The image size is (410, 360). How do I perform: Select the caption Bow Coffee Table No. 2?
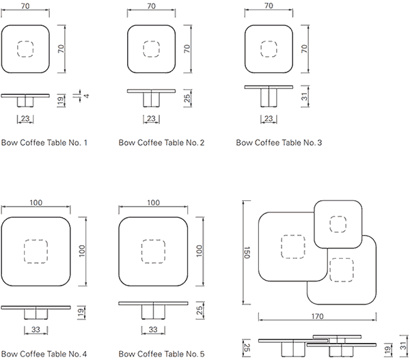pos(161,143)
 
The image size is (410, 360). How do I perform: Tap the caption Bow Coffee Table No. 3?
pos(278,143)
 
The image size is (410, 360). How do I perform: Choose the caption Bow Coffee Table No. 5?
pos(161,354)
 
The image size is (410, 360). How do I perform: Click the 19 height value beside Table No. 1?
pos(63,101)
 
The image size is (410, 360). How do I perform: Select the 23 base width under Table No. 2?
pos(152,119)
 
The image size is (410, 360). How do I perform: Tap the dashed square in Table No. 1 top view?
pos(25,49)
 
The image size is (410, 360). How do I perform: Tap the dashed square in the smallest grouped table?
pos(337,225)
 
